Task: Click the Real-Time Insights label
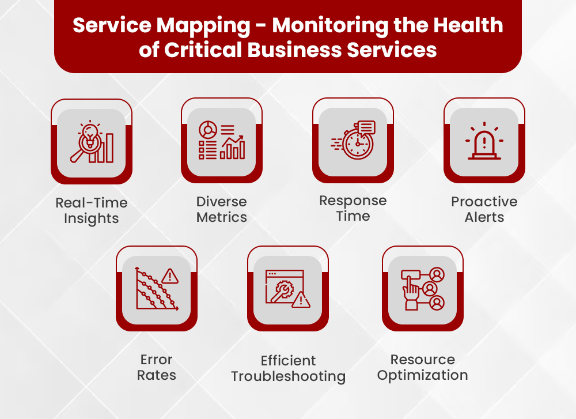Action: pyautogui.click(x=91, y=211)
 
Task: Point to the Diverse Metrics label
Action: pyautogui.click(x=221, y=210)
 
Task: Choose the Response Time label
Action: pyautogui.click(x=353, y=209)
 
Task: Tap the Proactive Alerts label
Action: pyautogui.click(x=484, y=210)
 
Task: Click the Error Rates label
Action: pyautogui.click(x=156, y=368)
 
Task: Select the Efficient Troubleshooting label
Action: pyautogui.click(x=288, y=369)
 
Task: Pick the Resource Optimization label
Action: pyautogui.click(x=422, y=368)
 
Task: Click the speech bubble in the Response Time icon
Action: pyautogui.click(x=366, y=127)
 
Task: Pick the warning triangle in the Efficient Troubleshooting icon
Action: pyautogui.click(x=301, y=300)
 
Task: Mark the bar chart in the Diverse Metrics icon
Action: pyautogui.click(x=234, y=149)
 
